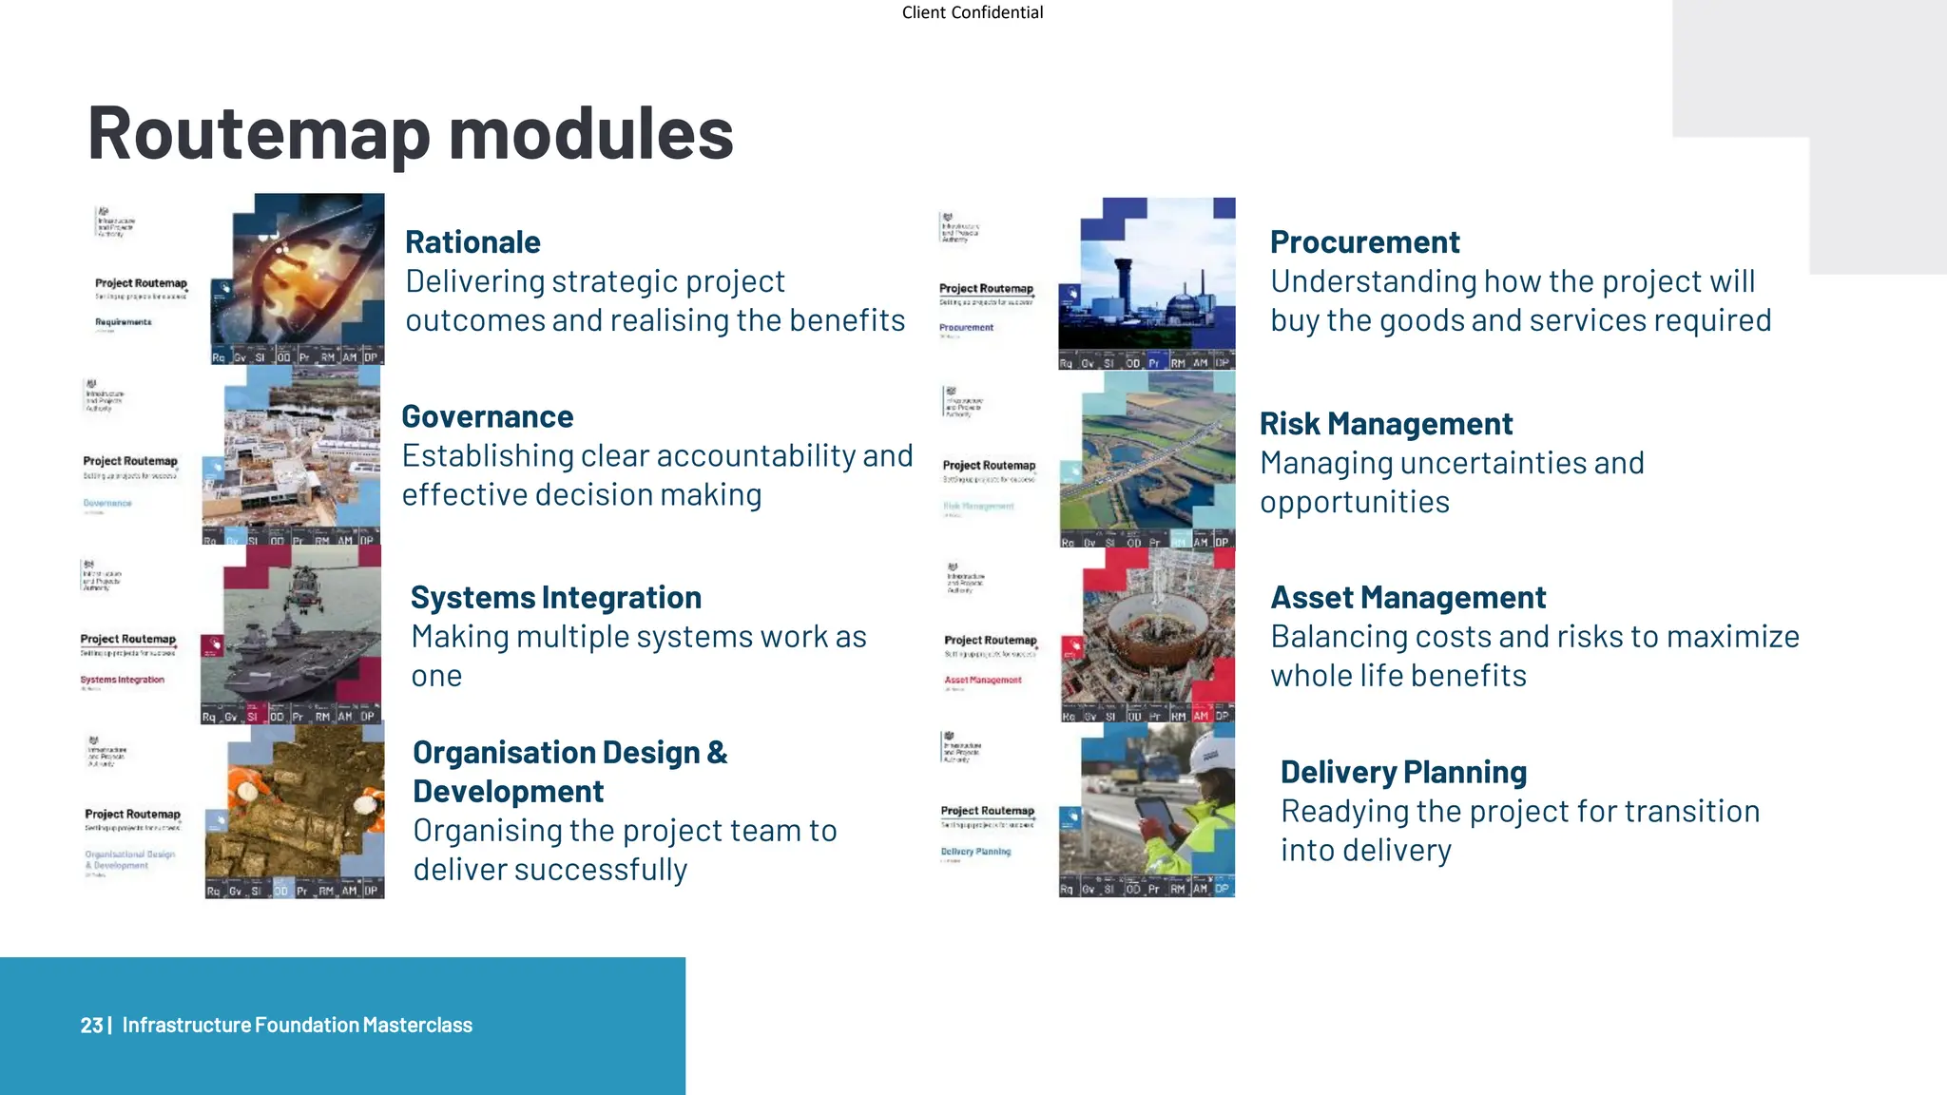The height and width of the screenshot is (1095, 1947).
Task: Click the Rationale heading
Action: coord(472,242)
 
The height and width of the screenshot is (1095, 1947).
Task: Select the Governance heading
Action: coord(487,416)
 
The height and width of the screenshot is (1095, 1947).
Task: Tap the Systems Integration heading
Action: coord(555,597)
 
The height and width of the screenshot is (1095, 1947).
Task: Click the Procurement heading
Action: coord(1364,242)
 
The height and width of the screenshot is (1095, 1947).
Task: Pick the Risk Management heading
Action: coord(1385,423)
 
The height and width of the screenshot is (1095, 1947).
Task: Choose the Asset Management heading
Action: coord(1408,597)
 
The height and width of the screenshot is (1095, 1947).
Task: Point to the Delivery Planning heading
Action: coord(1403,772)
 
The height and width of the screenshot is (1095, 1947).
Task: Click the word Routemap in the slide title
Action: coord(259,133)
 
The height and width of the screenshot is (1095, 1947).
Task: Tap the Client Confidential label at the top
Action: coord(972,12)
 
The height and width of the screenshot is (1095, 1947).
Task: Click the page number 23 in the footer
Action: coord(91,1025)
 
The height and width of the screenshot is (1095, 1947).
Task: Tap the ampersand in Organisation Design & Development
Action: coord(717,753)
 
